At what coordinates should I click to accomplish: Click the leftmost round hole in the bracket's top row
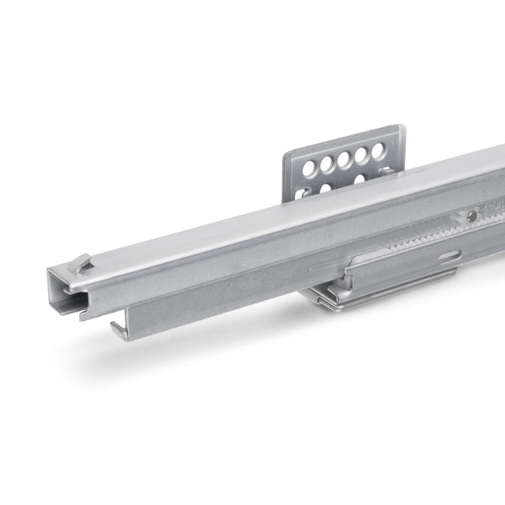309,169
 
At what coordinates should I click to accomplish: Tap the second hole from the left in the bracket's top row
327,164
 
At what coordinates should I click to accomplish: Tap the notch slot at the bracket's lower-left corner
299,193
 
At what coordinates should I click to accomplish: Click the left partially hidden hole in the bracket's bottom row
325,188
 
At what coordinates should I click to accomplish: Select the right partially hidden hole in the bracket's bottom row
359,179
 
